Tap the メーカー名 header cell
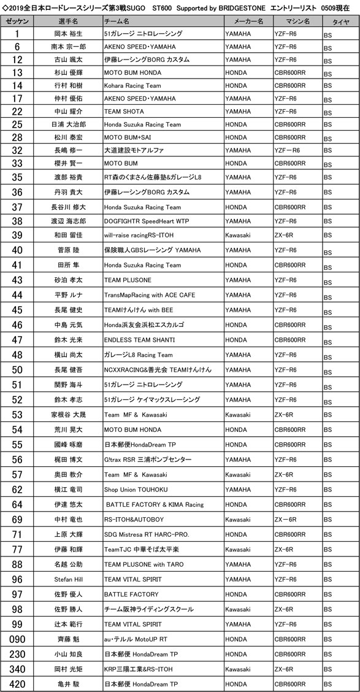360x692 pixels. pos(248,20)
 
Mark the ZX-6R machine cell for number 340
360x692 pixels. pos(288,668)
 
